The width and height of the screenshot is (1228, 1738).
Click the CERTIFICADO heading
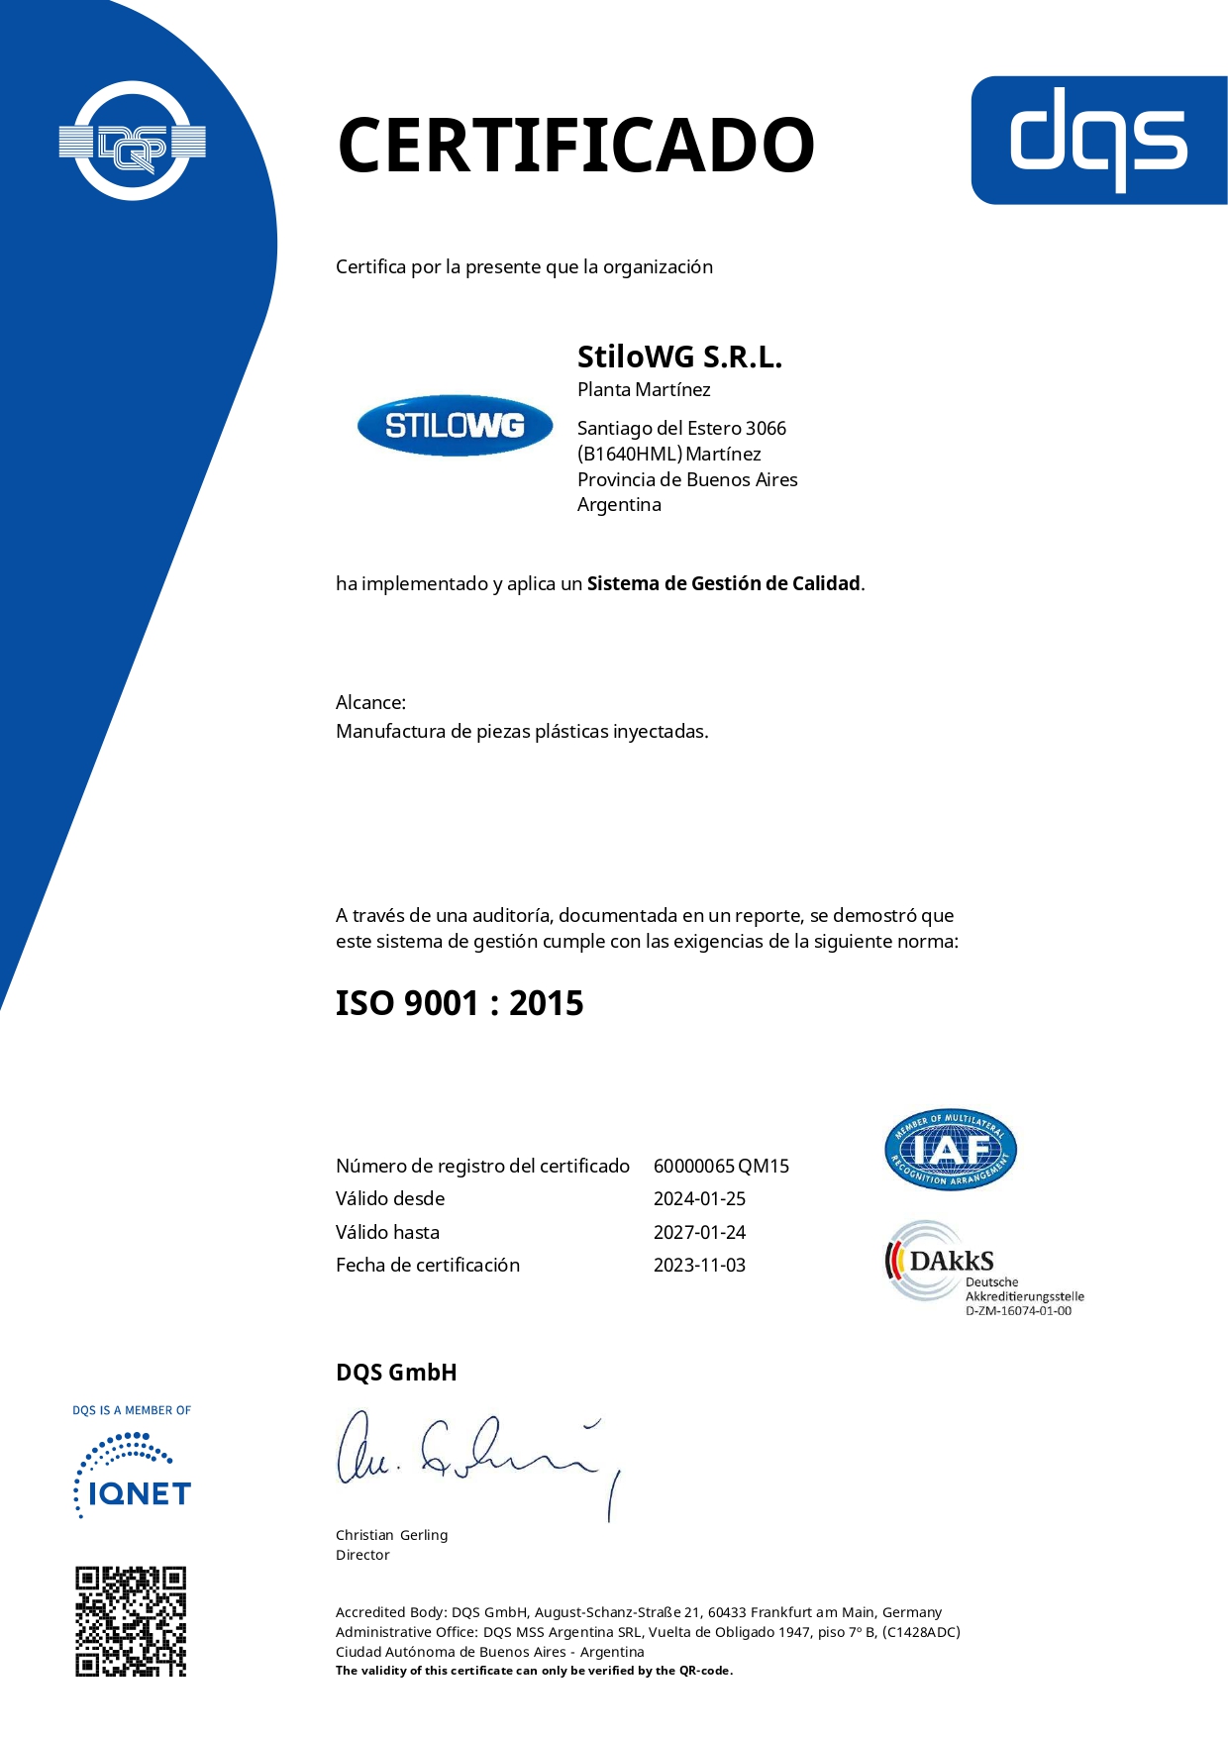click(575, 146)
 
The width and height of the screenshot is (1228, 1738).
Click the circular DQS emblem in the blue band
click(132, 142)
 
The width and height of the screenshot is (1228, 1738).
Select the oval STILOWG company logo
click(455, 426)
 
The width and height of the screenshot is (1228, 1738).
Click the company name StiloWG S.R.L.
click(679, 357)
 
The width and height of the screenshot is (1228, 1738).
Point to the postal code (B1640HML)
click(630, 455)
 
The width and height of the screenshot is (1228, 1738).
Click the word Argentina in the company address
click(619, 505)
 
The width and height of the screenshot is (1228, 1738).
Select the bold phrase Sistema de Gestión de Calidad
click(723, 584)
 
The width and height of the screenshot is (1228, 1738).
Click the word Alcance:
click(370, 703)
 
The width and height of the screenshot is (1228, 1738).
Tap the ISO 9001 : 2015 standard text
click(460, 1003)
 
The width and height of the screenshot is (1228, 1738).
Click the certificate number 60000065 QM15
click(721, 1167)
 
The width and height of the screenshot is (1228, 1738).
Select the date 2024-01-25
click(699, 1199)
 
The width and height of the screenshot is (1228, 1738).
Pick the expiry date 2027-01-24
click(699, 1233)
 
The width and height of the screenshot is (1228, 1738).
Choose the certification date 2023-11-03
click(699, 1266)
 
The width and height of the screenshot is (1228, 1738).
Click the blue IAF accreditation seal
click(950, 1149)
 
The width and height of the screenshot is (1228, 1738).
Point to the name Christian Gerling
click(391, 1535)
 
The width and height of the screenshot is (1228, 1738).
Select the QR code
click(131, 1621)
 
